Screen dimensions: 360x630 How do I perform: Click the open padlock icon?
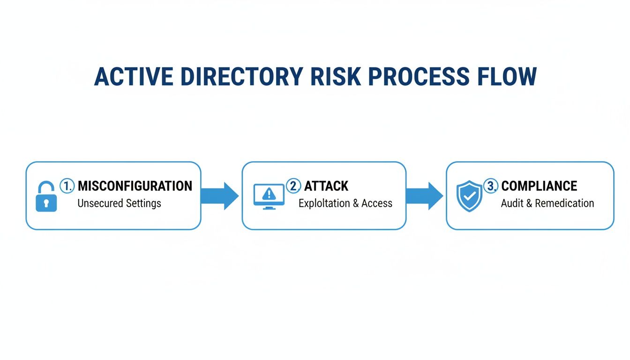[46, 197]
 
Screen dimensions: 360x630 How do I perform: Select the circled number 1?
[67, 186]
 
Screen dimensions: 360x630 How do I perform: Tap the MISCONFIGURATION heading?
[135, 186]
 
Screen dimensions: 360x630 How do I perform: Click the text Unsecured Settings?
[119, 203]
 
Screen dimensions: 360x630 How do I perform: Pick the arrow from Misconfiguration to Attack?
[220, 195]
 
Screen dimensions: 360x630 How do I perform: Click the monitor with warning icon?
[269, 196]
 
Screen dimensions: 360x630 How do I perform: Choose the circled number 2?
[293, 186]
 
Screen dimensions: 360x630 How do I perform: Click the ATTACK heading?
[326, 186]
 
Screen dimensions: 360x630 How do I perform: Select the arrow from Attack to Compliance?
[424, 195]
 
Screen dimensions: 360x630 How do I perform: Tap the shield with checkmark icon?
[469, 196]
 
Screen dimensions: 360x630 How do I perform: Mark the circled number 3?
[491, 186]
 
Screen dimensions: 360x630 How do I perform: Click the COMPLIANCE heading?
[539, 186]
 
